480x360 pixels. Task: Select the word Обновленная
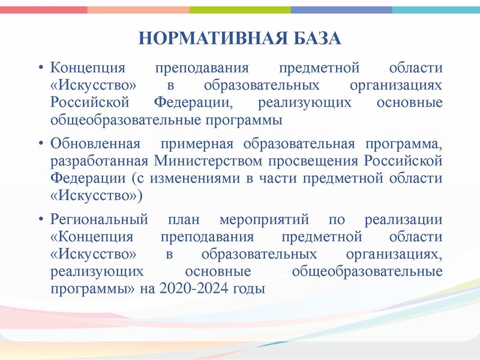[x=95, y=144]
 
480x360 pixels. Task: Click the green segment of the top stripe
[x=240, y=10]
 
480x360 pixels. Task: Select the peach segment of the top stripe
[x=138, y=10]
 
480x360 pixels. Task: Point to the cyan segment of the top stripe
[x=436, y=10]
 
